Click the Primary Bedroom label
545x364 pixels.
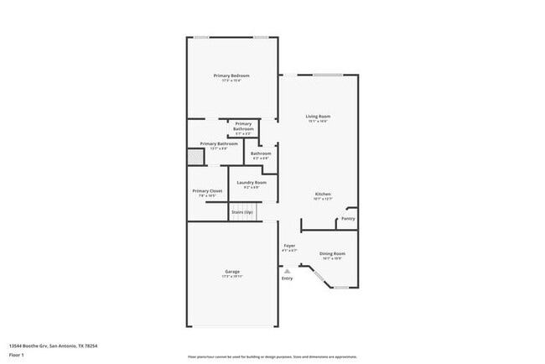(x=231, y=75)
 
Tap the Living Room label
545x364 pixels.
(x=318, y=117)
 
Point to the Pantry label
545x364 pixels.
(x=347, y=219)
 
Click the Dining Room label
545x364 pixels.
(x=333, y=253)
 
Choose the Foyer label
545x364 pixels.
(x=289, y=246)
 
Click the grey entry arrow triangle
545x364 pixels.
(x=288, y=271)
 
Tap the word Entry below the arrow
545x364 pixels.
(x=288, y=278)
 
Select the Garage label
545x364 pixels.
(x=231, y=271)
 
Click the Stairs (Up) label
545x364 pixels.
(x=242, y=213)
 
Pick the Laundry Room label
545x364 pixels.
(x=252, y=182)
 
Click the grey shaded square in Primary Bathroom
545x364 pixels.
(x=195, y=156)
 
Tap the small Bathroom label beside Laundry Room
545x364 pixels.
(x=260, y=153)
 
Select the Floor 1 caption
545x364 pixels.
(x=17, y=356)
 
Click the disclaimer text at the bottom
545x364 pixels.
(x=272, y=357)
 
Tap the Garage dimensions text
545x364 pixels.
(x=231, y=276)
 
